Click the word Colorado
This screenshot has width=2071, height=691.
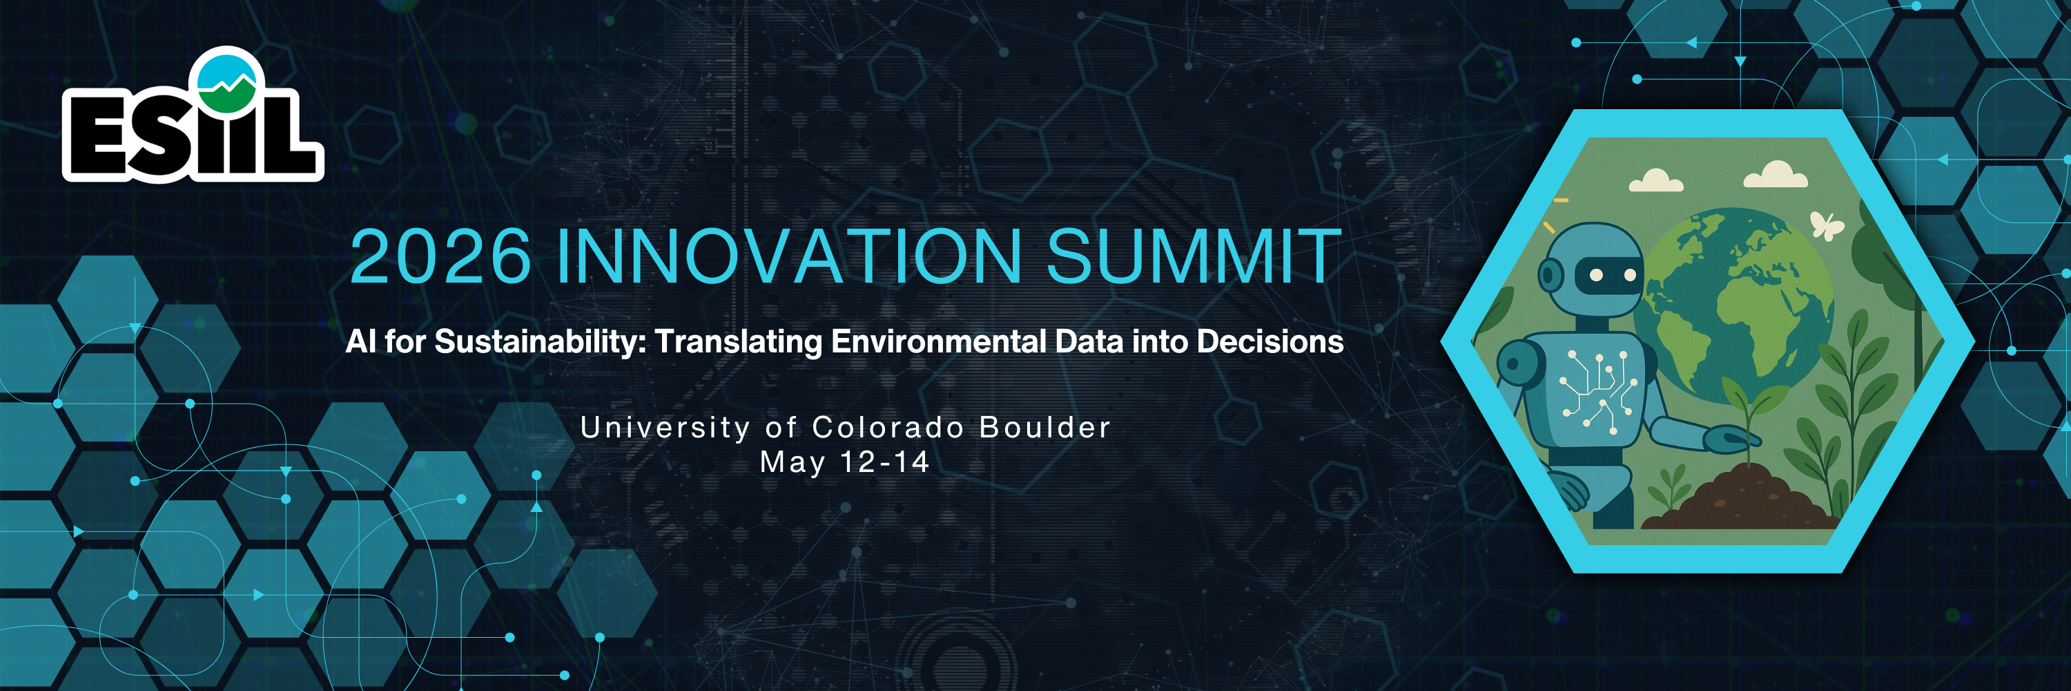coord(888,427)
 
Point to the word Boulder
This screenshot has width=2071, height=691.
coord(1045,427)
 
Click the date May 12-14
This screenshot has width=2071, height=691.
coord(845,462)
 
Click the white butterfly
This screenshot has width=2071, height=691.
coord(1827,225)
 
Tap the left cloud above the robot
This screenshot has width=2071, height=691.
coord(1655,180)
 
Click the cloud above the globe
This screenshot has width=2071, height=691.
coord(1775,175)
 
